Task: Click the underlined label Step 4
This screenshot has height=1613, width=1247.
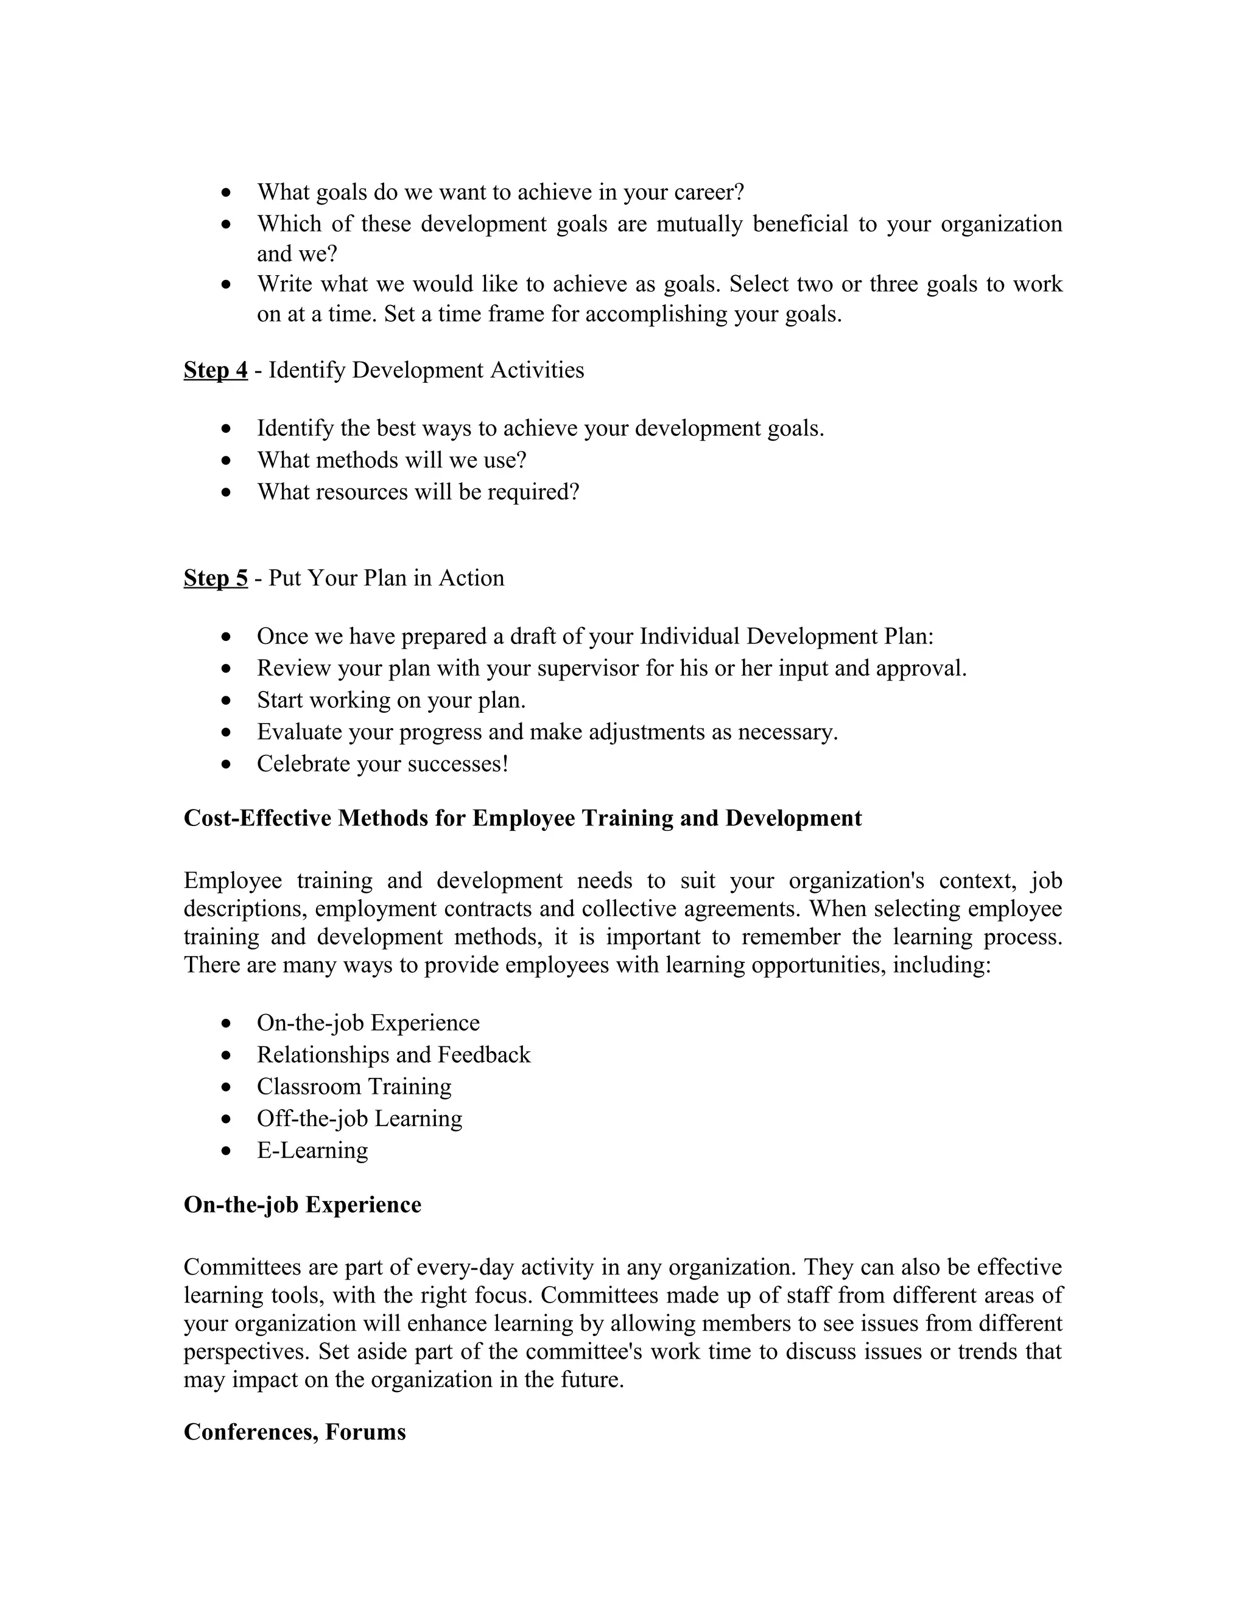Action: point(215,370)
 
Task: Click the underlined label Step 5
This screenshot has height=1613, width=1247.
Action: point(215,578)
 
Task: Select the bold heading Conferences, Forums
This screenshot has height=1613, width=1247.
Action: point(295,1432)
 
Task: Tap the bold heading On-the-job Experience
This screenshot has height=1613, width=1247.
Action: point(302,1205)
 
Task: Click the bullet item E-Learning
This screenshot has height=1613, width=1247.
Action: point(312,1150)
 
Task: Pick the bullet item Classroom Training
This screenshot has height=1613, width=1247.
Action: point(354,1086)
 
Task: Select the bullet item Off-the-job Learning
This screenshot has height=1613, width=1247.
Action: point(359,1118)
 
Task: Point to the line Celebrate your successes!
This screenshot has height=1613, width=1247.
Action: point(382,764)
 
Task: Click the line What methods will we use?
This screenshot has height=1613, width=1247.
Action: point(392,460)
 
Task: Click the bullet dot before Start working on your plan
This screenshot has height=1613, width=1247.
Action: point(227,700)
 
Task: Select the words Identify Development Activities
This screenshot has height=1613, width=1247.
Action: point(426,370)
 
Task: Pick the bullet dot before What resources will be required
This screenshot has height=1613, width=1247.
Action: point(227,492)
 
